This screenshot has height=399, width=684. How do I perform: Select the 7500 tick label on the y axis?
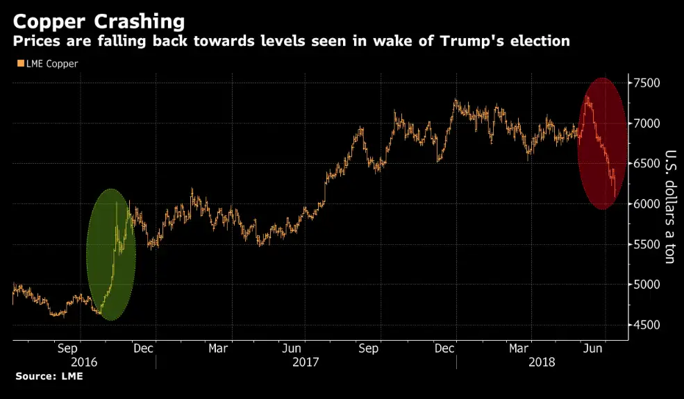pyautogui.click(x=647, y=83)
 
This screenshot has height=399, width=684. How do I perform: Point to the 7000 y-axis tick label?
pyautogui.click(x=647, y=124)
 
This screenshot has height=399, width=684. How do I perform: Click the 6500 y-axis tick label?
pyautogui.click(x=647, y=164)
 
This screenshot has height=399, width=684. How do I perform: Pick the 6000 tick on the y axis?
pyautogui.click(x=647, y=204)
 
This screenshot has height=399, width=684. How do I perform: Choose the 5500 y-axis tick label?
pyautogui.click(x=647, y=244)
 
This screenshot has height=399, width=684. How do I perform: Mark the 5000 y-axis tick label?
pyautogui.click(x=647, y=285)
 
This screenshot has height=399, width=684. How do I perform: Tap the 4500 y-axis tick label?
pyautogui.click(x=647, y=325)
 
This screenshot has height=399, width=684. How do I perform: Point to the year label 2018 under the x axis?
pyautogui.click(x=542, y=362)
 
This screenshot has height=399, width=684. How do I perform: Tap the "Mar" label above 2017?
pyautogui.click(x=219, y=348)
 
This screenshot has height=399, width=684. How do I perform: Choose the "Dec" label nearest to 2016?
pyautogui.click(x=142, y=348)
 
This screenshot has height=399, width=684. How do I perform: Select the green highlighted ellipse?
pyautogui.click(x=110, y=254)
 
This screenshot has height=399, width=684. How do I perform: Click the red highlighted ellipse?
pyautogui.click(x=603, y=144)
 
